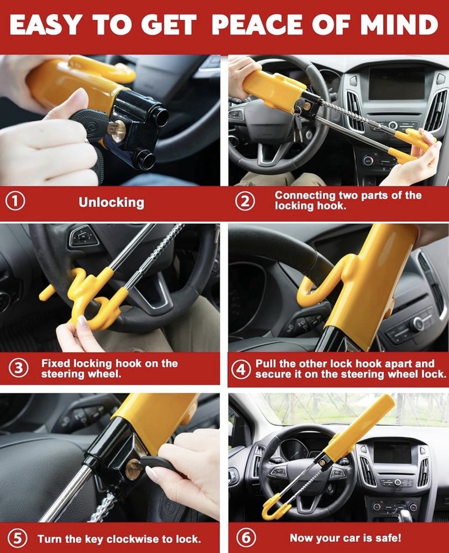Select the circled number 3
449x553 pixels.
point(20,369)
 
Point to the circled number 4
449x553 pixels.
point(241,369)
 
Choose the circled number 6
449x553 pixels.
point(245,538)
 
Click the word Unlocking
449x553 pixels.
point(111,202)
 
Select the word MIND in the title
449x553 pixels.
point(403,25)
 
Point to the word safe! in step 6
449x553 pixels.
point(387,538)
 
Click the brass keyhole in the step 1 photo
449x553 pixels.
point(116,130)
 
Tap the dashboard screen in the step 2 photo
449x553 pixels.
point(396,83)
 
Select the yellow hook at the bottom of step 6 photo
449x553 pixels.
point(271,506)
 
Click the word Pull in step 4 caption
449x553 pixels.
point(265,364)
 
